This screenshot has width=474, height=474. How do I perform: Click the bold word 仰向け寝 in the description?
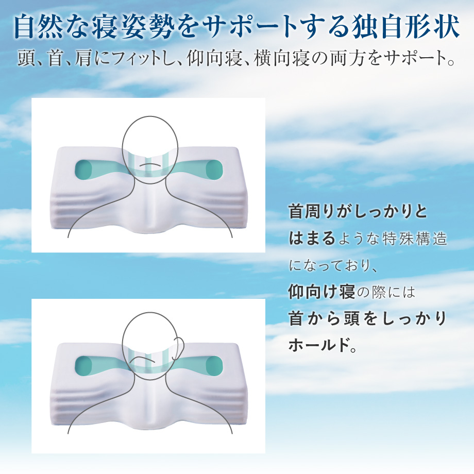321,292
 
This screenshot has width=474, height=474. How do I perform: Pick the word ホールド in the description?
318,345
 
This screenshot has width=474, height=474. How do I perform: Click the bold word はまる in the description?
312,239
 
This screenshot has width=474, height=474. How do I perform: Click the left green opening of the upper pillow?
84,170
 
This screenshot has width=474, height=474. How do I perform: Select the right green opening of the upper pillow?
214,170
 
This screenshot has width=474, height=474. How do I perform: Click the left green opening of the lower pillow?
84,366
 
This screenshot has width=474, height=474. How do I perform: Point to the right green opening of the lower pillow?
214,366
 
